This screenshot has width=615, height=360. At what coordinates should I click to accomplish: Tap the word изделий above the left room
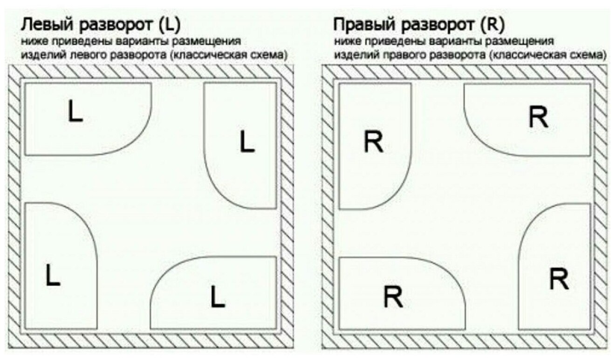(x=37, y=55)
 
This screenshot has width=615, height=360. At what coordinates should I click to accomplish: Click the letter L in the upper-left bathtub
(x=75, y=112)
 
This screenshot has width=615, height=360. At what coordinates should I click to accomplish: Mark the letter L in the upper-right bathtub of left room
(x=247, y=142)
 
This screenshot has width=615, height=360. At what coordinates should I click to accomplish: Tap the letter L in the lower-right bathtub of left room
(x=217, y=297)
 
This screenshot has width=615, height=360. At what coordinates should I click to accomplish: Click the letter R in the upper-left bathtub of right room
(x=373, y=143)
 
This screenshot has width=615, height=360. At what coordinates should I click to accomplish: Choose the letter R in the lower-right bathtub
(x=558, y=279)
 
